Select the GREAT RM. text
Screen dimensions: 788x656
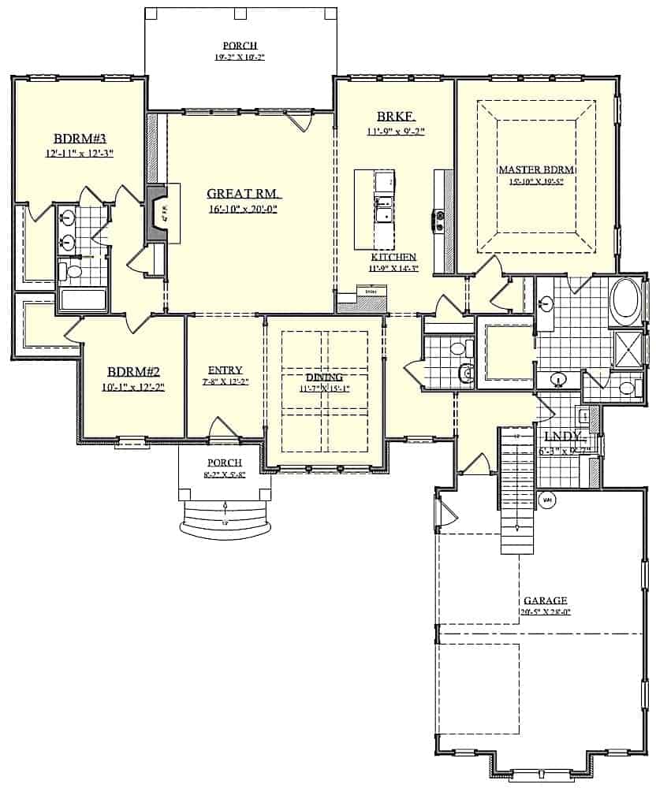pos(244,194)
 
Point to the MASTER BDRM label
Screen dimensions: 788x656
pos(535,169)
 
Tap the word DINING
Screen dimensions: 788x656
pos(324,377)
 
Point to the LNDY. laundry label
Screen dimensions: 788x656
pos(562,436)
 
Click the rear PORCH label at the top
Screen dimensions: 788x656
pos(240,46)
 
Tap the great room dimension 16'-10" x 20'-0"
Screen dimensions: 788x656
pos(244,209)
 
